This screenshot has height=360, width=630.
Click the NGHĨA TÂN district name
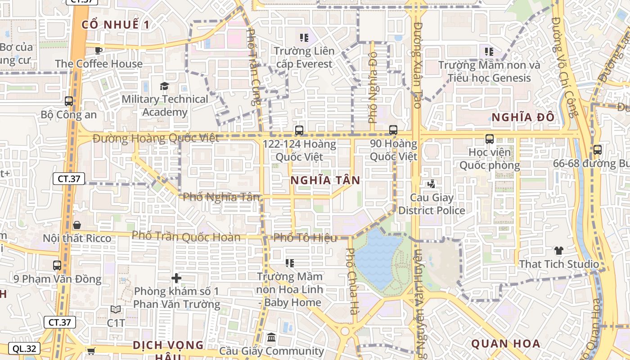click(325, 180)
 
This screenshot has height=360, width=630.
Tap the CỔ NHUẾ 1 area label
click(116, 25)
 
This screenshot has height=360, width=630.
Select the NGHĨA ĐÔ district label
click(522, 118)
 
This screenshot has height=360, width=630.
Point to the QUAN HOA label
click(505, 344)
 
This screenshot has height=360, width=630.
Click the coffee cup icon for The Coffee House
click(99, 50)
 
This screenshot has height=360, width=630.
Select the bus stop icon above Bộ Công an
click(69, 101)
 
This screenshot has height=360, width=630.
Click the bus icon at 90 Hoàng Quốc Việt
click(393, 130)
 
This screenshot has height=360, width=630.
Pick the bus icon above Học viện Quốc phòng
click(490, 139)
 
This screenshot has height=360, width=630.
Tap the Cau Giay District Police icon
click(432, 184)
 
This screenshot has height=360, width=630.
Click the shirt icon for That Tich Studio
click(558, 251)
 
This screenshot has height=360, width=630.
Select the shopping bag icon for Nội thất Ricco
click(77, 225)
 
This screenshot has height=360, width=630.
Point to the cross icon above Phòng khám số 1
click(176, 278)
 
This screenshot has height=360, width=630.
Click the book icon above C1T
click(116, 310)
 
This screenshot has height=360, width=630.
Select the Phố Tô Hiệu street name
click(305, 238)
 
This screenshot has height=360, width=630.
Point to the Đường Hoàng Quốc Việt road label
click(156, 138)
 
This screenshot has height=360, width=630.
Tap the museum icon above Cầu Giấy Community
click(271, 337)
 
